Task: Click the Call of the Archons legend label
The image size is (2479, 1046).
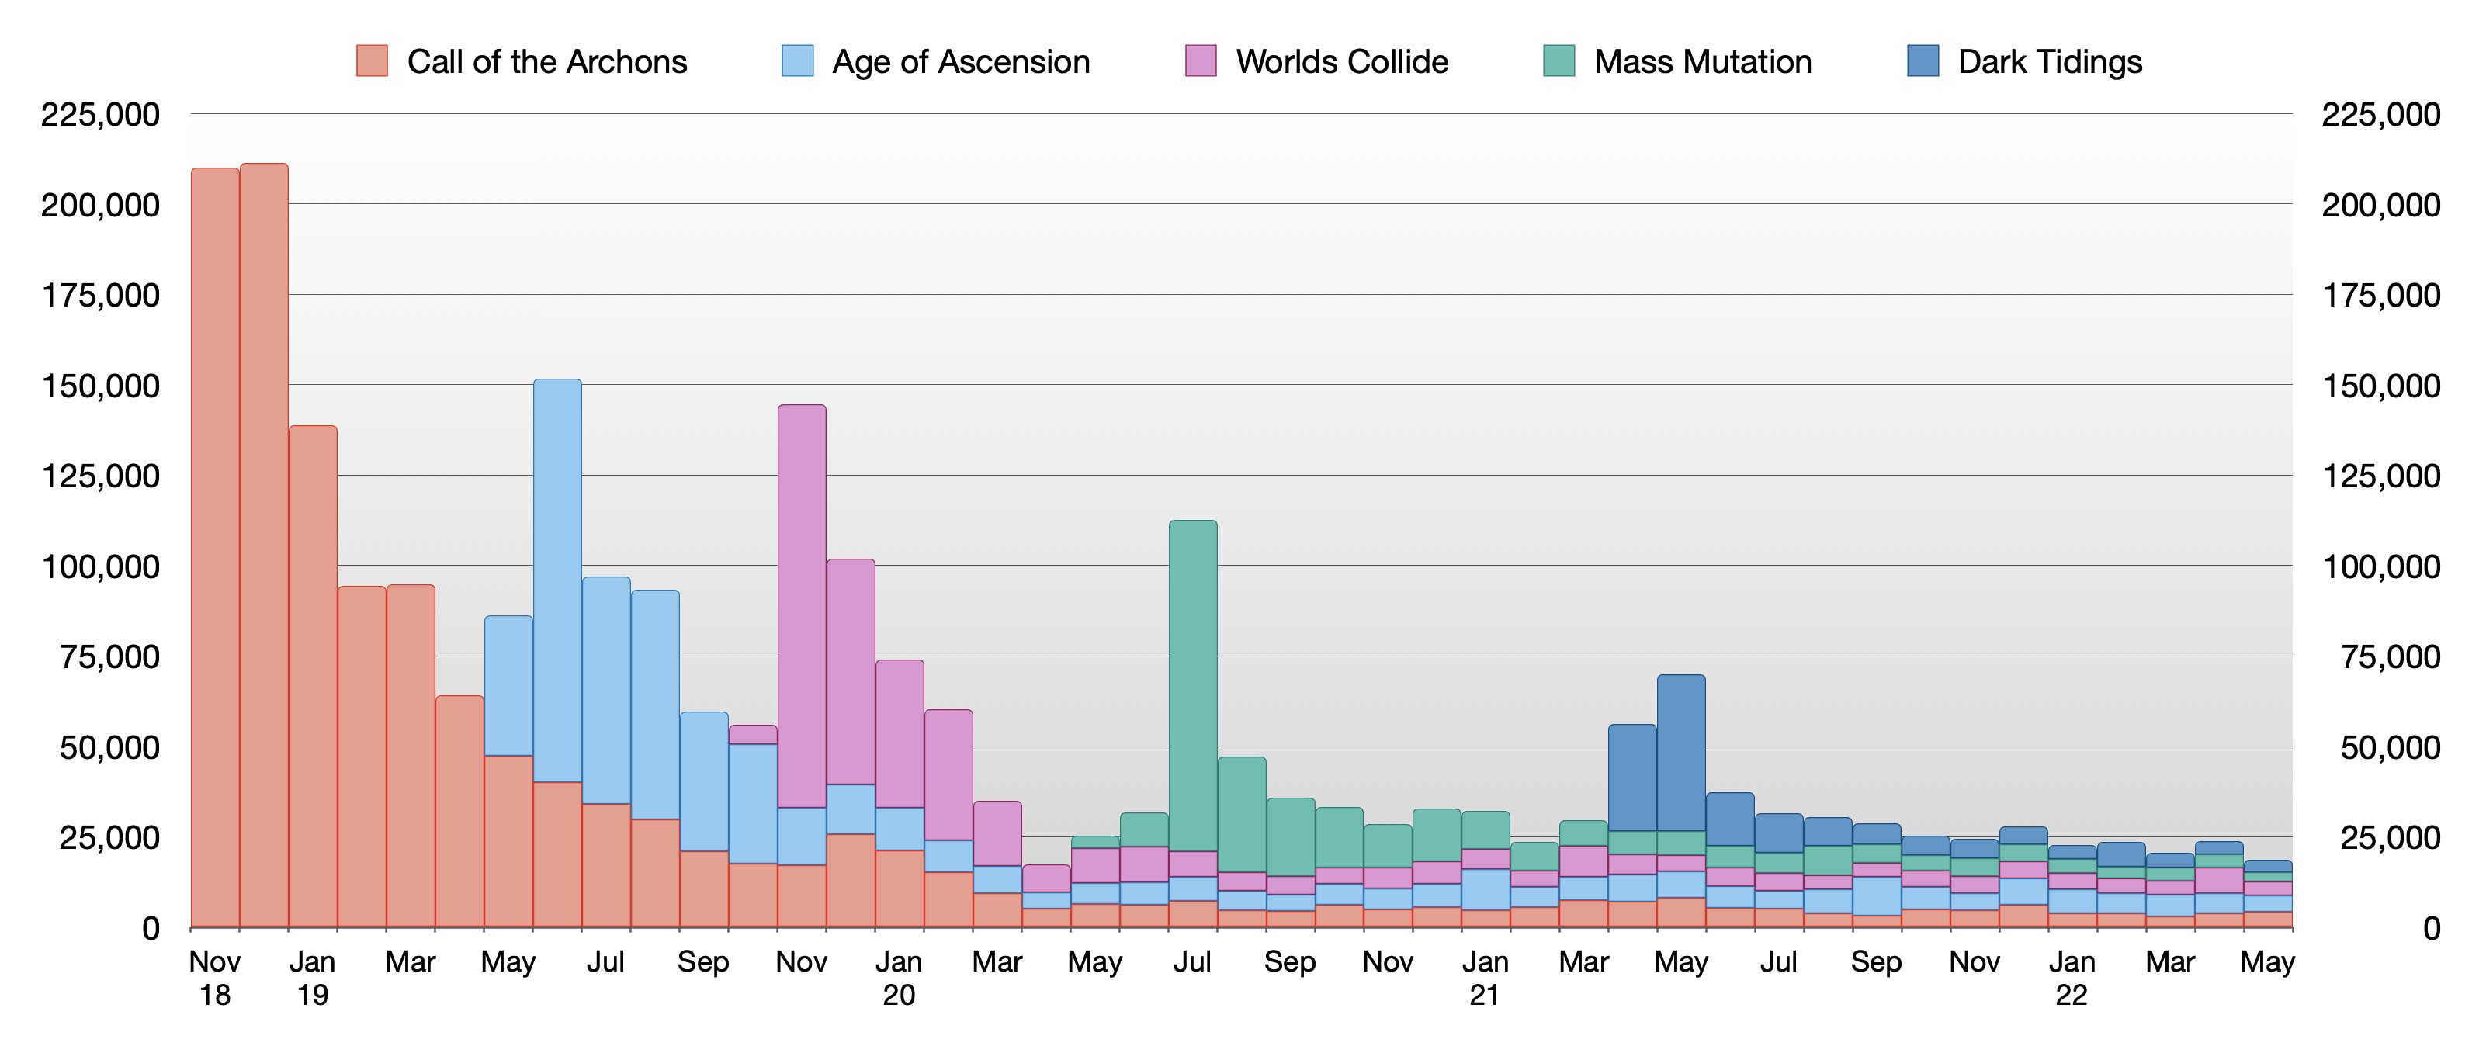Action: click(x=546, y=61)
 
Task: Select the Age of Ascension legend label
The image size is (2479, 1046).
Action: click(x=960, y=61)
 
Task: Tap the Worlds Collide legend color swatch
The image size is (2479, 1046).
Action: click(x=1201, y=61)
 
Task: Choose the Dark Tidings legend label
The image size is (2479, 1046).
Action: click(x=2050, y=61)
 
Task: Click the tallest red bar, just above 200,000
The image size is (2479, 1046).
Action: click(x=264, y=539)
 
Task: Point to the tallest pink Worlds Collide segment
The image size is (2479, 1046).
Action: click(x=802, y=606)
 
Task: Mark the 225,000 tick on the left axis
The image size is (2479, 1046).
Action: click(x=100, y=115)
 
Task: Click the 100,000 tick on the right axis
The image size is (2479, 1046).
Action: click(x=2381, y=566)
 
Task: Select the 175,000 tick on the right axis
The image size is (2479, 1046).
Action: click(x=2381, y=296)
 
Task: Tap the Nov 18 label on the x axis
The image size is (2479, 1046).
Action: click(x=214, y=978)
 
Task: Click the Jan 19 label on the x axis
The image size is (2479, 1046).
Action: click(x=313, y=978)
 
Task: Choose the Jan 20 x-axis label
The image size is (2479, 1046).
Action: click(x=899, y=978)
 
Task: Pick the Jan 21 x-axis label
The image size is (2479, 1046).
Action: click(x=1485, y=978)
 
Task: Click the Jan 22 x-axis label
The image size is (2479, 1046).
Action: click(x=2072, y=978)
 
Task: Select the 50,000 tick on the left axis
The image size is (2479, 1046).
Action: click(x=109, y=748)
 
